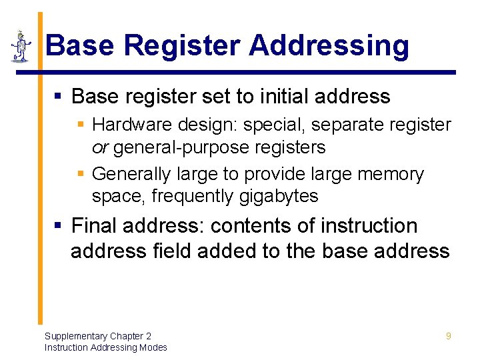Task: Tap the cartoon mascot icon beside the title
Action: [21, 46]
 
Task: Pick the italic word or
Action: [100, 147]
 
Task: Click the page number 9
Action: [448, 336]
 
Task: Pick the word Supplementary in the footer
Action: [73, 336]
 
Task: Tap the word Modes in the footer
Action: [152, 347]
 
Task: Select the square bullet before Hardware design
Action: [81, 125]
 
